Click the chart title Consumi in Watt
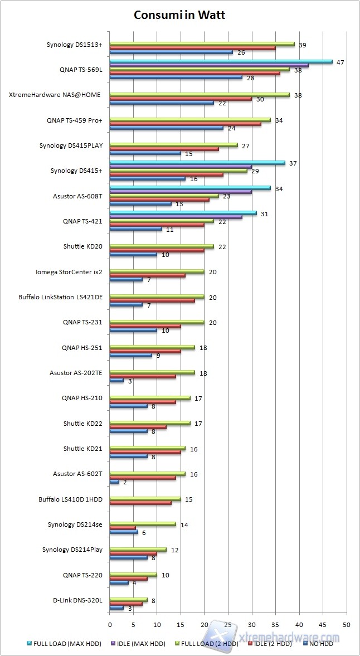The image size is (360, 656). [179, 16]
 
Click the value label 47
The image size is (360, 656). [340, 62]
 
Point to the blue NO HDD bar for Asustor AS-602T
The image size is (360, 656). [114, 482]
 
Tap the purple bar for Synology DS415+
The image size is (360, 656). [181, 167]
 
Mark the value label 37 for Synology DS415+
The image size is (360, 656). [293, 163]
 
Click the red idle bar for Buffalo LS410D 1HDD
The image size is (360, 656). [140, 503]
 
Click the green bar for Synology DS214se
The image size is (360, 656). [143, 524]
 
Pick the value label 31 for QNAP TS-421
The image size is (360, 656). [264, 214]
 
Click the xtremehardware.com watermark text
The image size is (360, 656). [289, 637]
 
